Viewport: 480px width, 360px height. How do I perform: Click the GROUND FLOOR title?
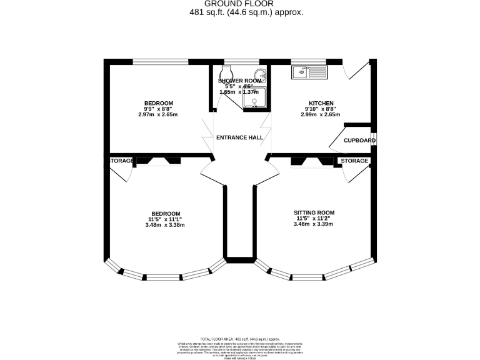[240, 4]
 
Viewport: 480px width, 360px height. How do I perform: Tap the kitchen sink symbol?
[309, 72]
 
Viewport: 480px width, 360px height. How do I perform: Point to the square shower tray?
[257, 98]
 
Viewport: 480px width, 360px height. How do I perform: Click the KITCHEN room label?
[321, 103]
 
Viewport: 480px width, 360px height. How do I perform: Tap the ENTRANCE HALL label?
[239, 137]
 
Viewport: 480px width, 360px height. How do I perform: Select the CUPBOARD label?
[360, 141]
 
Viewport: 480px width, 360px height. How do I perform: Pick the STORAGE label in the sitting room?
[354, 161]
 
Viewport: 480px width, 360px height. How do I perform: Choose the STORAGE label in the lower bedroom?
[122, 161]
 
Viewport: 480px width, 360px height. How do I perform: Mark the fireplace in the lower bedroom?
[158, 161]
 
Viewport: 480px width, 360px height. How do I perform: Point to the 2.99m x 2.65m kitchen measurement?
[321, 114]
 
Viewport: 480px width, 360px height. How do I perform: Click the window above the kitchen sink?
[309, 61]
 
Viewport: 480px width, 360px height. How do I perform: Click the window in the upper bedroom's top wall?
[161, 61]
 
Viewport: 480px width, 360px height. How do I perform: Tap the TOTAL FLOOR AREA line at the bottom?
[240, 337]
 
